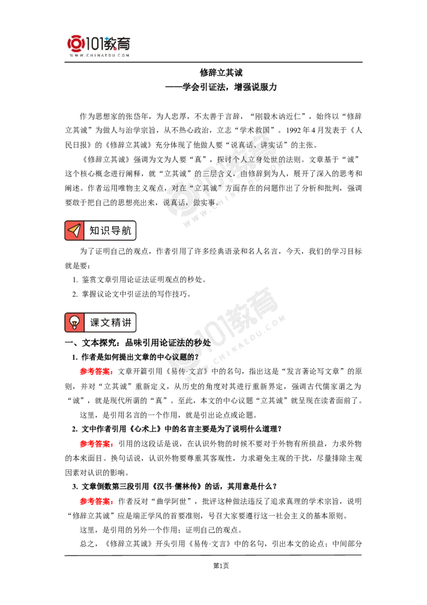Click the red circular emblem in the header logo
75,44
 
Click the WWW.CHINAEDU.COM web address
100,55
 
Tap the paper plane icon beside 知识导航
74,231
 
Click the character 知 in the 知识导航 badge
94,231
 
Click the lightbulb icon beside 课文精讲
74,323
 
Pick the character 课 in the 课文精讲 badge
95,323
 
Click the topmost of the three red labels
96,371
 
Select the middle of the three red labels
96,444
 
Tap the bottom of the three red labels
96,501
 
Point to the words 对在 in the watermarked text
178,188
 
